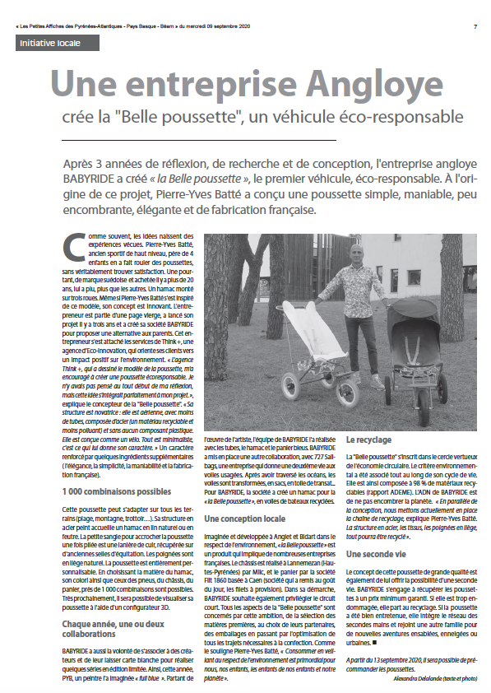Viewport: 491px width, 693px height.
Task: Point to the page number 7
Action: (475, 26)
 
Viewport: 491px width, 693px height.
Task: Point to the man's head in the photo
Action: (355, 251)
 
